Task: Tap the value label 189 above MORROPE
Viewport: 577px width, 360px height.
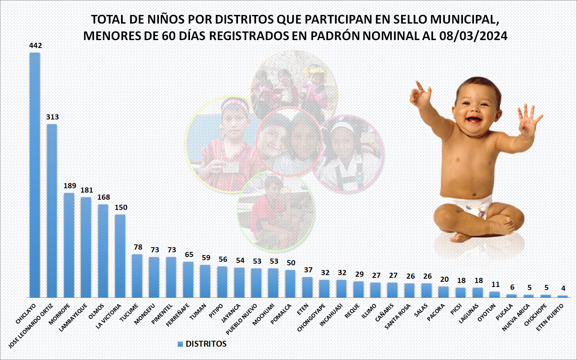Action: pos(70,186)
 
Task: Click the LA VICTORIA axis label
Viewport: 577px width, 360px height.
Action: pos(109,316)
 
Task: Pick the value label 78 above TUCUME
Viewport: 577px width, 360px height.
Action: pos(138,247)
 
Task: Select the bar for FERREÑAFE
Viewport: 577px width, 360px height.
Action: pos(188,279)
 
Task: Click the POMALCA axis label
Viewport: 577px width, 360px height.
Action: pos(281,314)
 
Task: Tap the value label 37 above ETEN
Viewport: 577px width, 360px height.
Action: pos(308,270)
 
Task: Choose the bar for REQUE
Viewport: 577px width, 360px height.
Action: pos(358,289)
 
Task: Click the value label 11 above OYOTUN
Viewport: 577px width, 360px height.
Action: pos(495,284)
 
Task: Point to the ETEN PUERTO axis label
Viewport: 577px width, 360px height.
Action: pos(550,317)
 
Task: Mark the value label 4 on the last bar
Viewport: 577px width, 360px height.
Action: pos(563,288)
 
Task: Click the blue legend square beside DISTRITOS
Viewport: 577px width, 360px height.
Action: pos(180,344)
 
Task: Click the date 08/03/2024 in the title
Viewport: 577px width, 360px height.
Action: pos(473,36)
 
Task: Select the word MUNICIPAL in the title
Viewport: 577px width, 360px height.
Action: pos(464,19)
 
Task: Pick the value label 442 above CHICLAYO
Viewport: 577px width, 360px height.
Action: pos(35,46)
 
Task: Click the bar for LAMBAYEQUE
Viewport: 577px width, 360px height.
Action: pos(86,247)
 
